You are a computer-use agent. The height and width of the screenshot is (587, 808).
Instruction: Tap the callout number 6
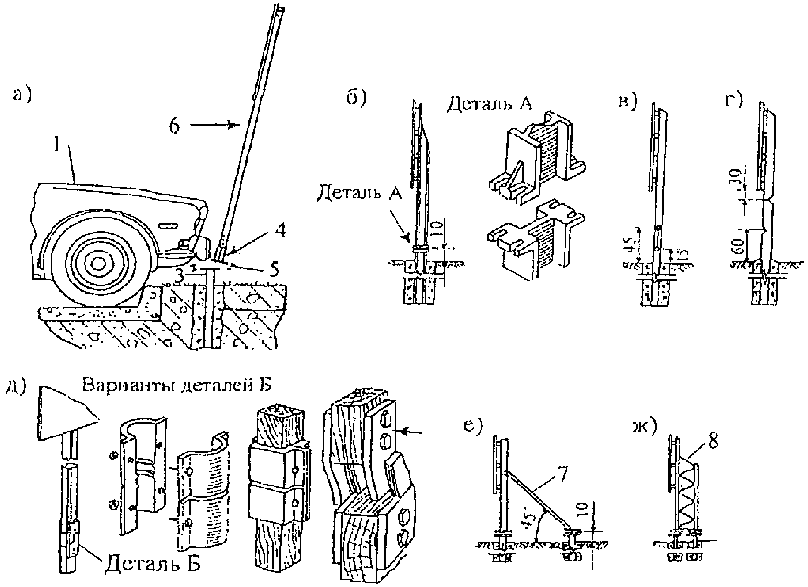click(x=174, y=126)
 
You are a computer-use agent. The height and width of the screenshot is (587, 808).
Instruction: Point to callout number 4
click(x=280, y=231)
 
